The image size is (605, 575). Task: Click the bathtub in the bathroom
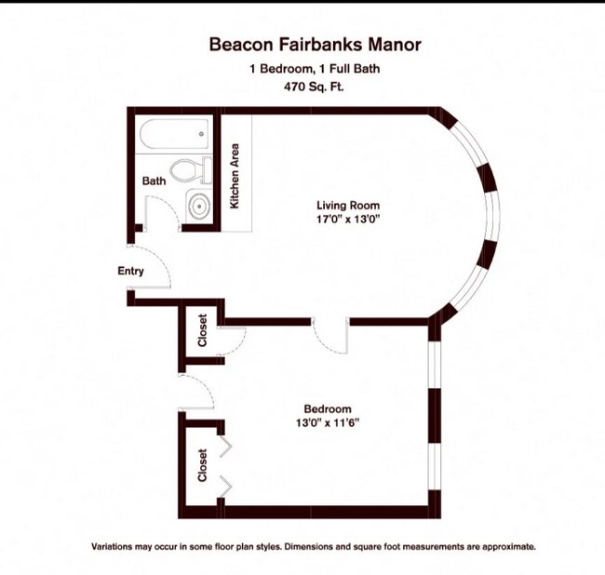[173, 136]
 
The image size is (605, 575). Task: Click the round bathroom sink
[198, 206]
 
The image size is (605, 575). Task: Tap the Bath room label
[155, 181]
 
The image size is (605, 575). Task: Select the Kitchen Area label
[236, 175]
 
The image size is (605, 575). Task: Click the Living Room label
[348, 206]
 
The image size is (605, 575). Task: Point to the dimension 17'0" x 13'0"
[348, 220]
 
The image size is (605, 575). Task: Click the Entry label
[130, 272]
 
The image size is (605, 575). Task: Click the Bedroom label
[328, 408]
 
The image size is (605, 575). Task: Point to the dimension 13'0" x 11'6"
[328, 422]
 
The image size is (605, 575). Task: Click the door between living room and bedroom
[330, 337]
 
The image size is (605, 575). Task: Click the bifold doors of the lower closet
[225, 465]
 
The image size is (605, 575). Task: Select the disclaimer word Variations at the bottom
[112, 547]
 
